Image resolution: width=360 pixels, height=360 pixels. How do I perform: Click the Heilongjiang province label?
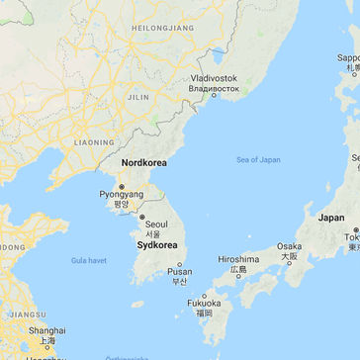162,28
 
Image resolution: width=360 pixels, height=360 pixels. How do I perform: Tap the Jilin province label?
139,98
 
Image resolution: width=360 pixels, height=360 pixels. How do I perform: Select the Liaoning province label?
94,142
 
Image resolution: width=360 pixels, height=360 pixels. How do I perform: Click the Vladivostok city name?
215,78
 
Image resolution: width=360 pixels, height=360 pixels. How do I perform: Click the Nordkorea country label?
143,162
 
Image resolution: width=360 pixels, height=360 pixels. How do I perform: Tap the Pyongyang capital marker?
121,185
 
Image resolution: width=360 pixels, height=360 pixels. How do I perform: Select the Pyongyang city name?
121,195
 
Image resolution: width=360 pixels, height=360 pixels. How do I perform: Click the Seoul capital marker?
142,216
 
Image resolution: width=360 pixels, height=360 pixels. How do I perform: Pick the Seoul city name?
156,225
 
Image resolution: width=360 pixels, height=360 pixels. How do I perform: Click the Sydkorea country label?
156,244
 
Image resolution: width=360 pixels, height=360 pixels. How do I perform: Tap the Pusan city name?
180,272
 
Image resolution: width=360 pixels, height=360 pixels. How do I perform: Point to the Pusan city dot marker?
180,263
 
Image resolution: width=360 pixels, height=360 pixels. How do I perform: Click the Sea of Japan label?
258,159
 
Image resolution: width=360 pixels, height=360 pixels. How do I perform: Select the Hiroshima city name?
238,260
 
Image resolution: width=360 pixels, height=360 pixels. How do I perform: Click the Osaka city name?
289,246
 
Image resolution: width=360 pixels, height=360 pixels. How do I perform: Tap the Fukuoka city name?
204,303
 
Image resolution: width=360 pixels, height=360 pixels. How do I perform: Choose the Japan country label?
331,218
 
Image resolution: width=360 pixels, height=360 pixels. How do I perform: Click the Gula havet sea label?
88,260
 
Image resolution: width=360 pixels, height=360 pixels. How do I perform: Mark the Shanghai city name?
47,331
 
